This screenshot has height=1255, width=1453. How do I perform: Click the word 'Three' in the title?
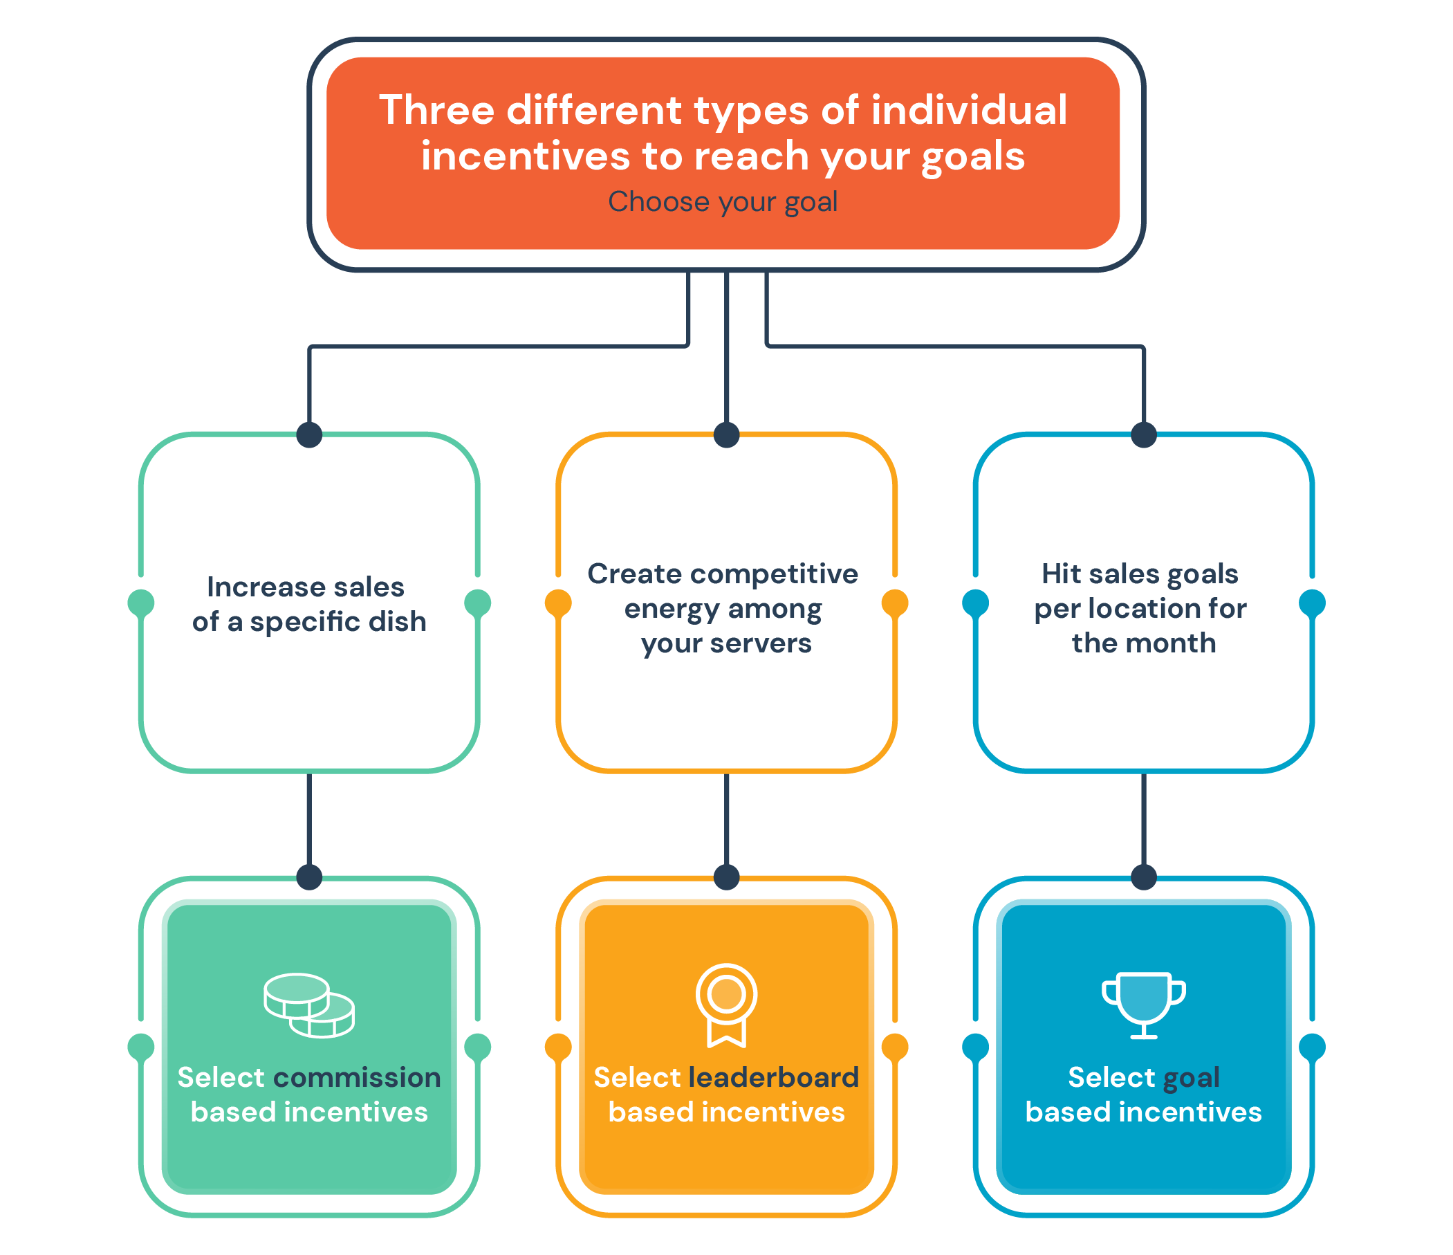[437, 110]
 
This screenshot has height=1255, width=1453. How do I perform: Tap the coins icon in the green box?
[309, 1005]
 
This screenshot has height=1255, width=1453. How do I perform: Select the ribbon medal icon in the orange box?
[726, 1005]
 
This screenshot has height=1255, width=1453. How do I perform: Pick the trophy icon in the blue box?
[1144, 1005]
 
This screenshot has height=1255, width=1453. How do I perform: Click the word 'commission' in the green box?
[357, 1077]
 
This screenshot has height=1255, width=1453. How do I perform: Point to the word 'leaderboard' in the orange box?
[773, 1077]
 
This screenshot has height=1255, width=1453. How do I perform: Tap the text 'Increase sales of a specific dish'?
[309, 605]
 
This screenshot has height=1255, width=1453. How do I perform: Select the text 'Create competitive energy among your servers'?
[723, 609]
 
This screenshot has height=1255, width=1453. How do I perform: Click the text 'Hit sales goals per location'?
[1140, 592]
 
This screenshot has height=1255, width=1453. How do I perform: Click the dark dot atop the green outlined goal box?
[309, 435]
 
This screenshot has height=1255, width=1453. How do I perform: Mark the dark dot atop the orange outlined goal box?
[726, 435]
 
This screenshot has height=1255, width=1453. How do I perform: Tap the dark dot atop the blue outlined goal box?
[1144, 435]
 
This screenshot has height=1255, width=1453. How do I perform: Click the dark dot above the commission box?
[309, 877]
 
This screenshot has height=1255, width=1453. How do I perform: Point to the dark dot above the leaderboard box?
[726, 877]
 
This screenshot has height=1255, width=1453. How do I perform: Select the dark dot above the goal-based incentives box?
[1144, 877]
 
